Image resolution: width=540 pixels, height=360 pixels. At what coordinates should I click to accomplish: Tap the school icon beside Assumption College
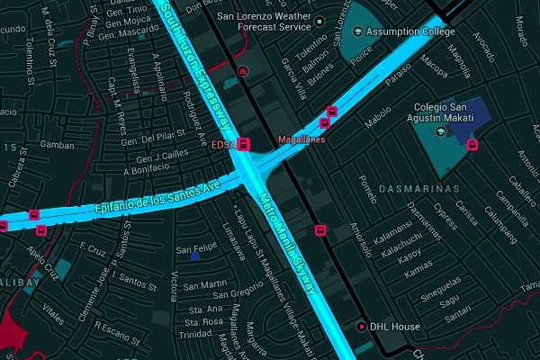(359, 32)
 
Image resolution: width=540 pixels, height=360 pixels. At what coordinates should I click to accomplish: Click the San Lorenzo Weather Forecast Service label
(262, 21)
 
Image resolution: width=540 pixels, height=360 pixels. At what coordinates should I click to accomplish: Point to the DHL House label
(394, 327)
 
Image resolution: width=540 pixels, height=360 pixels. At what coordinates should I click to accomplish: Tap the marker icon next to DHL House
(362, 327)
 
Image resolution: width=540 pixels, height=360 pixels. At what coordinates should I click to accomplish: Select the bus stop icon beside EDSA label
(245, 144)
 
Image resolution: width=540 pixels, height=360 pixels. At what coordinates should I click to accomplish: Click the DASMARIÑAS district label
(419, 189)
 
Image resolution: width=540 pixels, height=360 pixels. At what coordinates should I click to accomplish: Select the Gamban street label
(57, 145)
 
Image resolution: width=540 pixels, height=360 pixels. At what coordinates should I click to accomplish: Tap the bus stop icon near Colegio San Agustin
(473, 145)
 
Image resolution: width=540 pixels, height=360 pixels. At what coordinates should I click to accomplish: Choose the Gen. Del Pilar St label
(153, 140)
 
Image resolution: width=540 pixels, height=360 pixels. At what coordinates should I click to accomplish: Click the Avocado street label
(483, 43)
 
